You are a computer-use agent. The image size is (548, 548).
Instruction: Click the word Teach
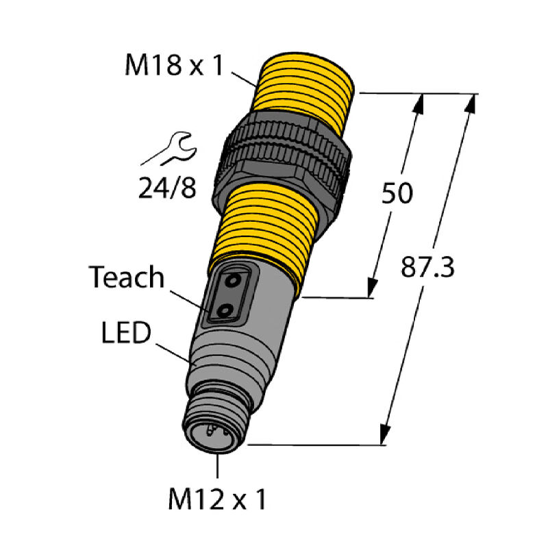tap(127, 277)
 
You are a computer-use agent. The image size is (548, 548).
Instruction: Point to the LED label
tap(127, 336)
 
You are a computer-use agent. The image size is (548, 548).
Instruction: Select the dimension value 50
tap(397, 194)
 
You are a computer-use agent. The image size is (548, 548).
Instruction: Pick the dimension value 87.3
tap(427, 267)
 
